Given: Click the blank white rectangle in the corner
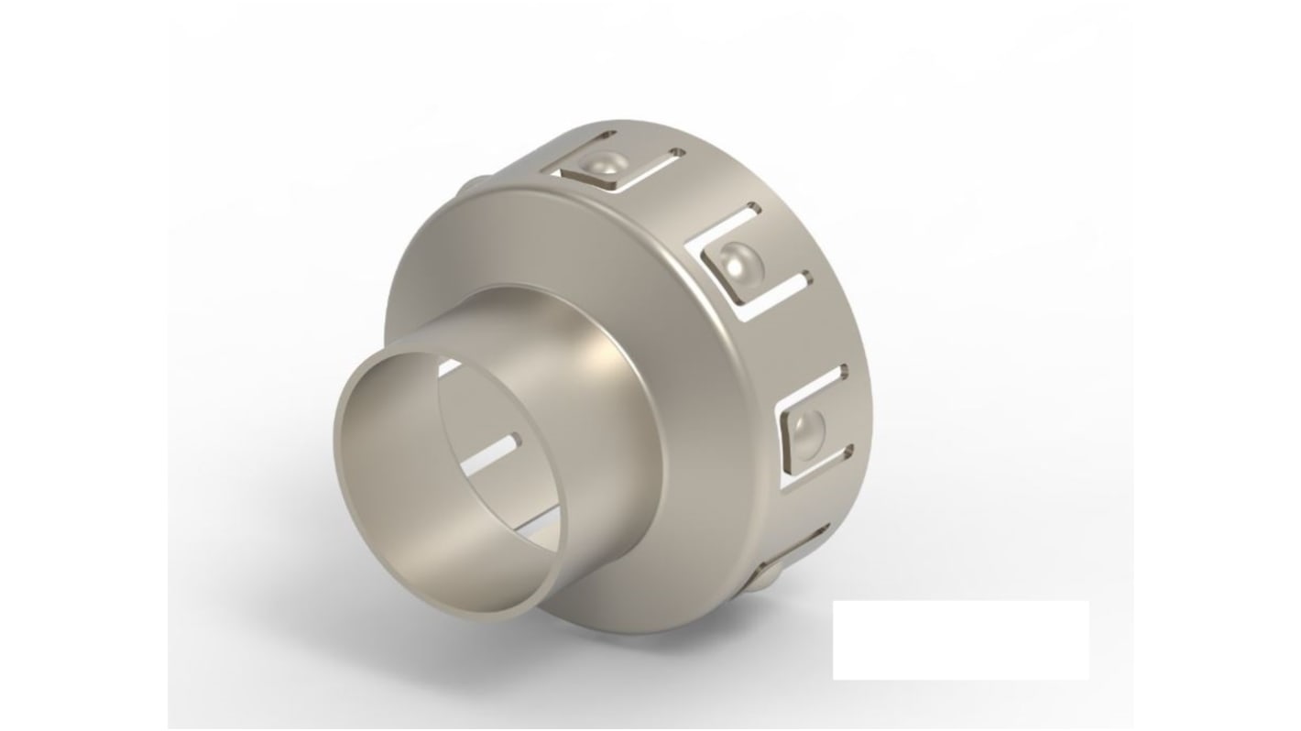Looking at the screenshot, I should tap(960, 639).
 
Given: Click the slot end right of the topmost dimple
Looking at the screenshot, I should tap(677, 152).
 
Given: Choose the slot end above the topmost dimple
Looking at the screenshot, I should tap(606, 136).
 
